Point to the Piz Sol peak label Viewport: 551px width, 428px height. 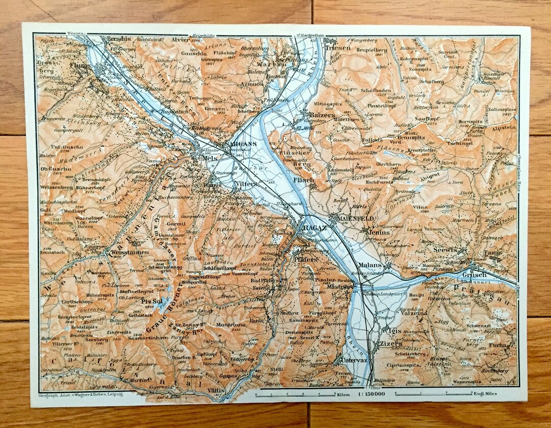click(x=152, y=300)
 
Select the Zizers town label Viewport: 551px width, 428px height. click(x=391, y=344)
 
